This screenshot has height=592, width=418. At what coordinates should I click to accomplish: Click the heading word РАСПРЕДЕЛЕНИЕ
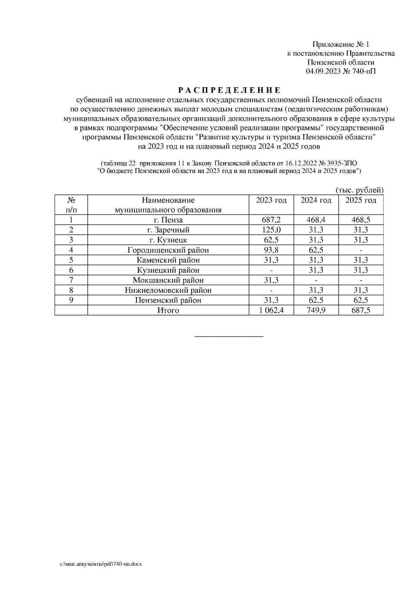tap(229, 91)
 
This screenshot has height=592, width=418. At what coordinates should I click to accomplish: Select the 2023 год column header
tap(271, 200)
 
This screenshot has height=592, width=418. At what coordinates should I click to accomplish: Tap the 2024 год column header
tap(316, 200)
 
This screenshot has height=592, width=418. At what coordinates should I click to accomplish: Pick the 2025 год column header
tap(361, 200)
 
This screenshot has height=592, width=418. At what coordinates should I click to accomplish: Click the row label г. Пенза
tap(168, 220)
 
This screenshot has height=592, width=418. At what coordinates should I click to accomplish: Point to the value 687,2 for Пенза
tap(271, 220)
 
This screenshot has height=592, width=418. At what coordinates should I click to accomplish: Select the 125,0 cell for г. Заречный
tap(271, 230)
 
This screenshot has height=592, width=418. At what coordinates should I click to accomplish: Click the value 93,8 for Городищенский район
tap(271, 250)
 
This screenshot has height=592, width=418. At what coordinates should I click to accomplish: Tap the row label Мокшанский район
tap(168, 280)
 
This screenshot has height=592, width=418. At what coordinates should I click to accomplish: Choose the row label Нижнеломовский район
tap(168, 290)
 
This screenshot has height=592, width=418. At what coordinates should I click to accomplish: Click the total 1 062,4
tap(271, 310)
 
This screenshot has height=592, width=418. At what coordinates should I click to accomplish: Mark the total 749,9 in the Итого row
tap(316, 310)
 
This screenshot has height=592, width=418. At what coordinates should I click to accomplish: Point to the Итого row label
tap(168, 310)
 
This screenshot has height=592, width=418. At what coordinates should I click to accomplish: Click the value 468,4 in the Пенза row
tap(316, 220)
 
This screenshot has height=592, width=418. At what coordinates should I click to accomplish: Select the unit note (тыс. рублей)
tap(359, 190)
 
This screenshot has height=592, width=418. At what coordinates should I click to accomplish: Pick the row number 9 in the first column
tap(71, 300)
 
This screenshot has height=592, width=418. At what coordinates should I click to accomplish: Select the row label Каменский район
tap(168, 260)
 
